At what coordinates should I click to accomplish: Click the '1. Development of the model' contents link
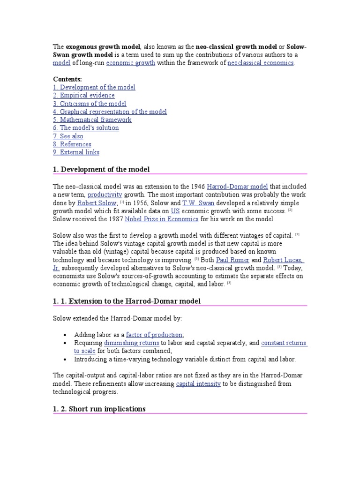click(94, 87)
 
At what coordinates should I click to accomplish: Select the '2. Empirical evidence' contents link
click(83, 95)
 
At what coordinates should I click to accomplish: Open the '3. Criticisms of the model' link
click(89, 104)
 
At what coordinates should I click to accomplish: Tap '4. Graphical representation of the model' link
click(110, 112)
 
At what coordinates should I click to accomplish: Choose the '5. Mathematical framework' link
click(92, 120)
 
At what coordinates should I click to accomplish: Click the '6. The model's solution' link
click(86, 127)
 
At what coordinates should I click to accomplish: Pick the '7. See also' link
click(68, 136)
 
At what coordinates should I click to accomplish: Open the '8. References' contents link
click(72, 144)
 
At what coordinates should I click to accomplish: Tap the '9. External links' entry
click(76, 152)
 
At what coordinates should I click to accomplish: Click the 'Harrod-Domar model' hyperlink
click(237, 187)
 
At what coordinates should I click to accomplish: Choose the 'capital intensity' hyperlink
click(198, 383)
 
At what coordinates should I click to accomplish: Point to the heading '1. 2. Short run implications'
click(99, 409)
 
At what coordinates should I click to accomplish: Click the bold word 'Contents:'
click(67, 79)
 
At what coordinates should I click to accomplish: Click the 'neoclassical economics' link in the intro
click(261, 62)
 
